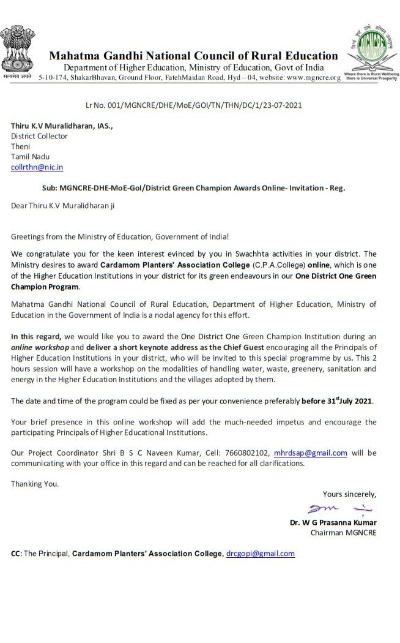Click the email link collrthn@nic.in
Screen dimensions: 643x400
[37, 167]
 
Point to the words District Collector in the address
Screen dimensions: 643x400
[39, 137]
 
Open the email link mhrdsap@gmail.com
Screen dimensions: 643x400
[311, 453]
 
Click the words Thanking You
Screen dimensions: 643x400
[35, 484]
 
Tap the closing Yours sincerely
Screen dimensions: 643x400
[349, 494]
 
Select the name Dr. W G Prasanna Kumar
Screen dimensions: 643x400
[333, 523]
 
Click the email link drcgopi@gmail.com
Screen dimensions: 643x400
[261, 554]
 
